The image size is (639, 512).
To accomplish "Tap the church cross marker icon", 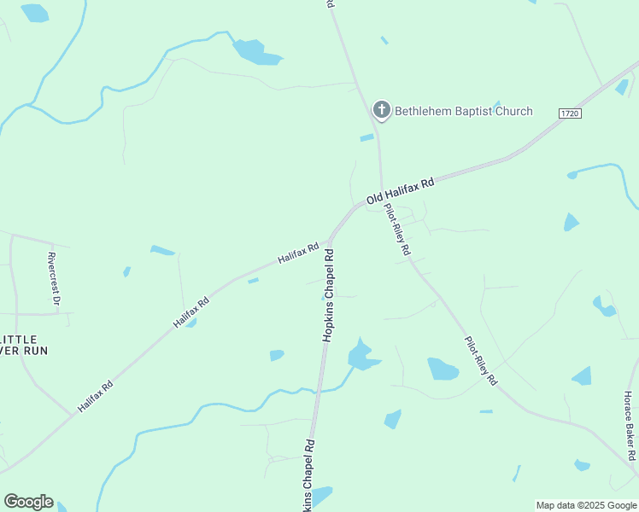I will point(381,110).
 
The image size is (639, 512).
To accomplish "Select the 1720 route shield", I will point(570,113).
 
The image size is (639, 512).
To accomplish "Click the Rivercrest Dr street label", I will point(54,278).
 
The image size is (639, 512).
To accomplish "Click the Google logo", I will point(28,501).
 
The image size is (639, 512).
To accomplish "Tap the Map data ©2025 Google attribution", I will point(586,505).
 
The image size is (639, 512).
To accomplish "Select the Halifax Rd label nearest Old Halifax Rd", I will point(297,253).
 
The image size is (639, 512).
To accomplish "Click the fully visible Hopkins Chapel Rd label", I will point(329,295).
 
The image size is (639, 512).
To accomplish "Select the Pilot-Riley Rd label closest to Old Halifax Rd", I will point(397,230).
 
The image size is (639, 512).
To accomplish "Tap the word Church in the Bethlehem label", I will point(512,111).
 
